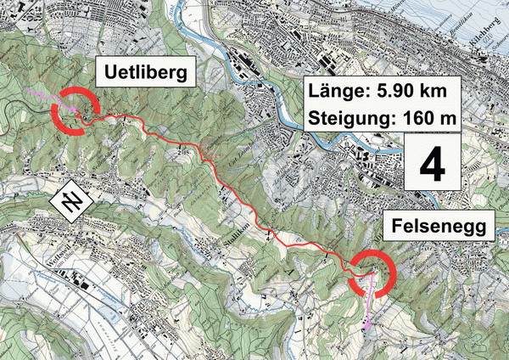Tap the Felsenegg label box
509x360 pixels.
(439, 227)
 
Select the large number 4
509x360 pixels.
(432, 166)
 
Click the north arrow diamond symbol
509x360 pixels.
(71, 202)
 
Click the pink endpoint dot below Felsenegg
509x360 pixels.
(367, 325)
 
